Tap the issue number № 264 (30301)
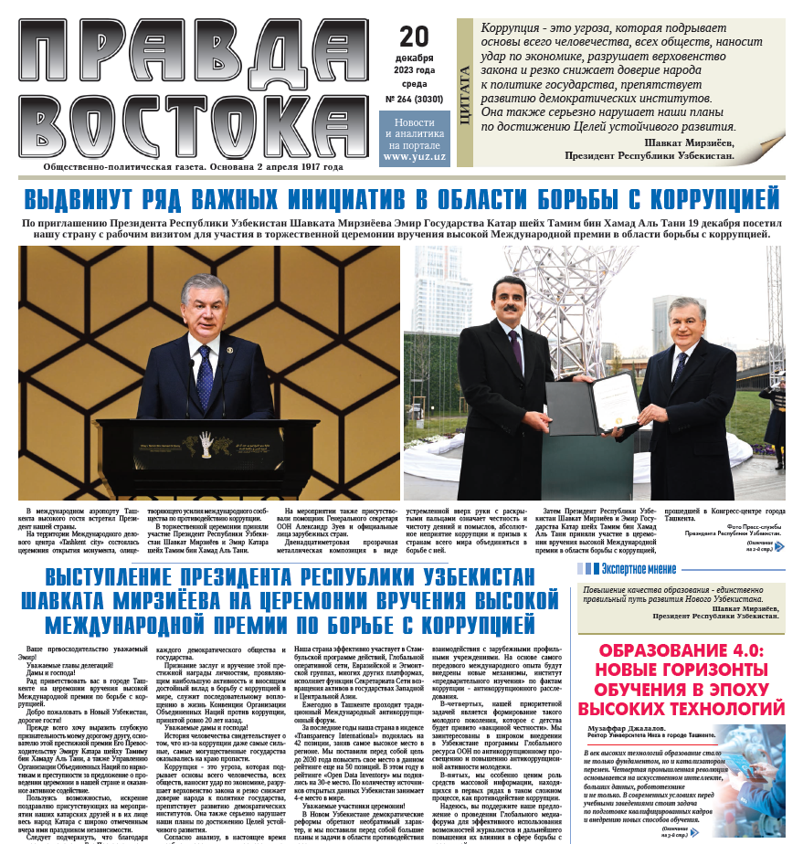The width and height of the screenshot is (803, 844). (x=415, y=100)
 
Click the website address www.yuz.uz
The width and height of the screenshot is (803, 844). (x=415, y=156)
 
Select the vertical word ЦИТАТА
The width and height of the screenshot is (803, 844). (x=465, y=92)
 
